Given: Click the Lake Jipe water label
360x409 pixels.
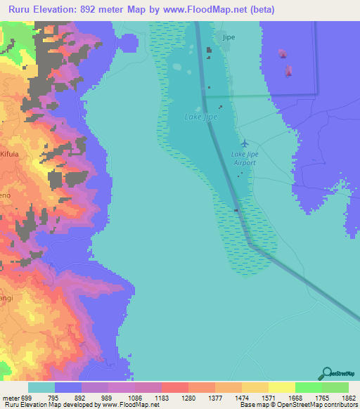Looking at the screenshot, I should click(x=200, y=117).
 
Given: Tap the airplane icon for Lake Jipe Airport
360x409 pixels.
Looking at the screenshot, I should click(x=244, y=144).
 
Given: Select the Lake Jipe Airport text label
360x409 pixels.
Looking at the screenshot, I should click(x=244, y=158).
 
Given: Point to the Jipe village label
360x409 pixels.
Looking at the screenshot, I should click(x=228, y=36).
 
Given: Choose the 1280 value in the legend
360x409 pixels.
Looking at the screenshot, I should click(x=188, y=398).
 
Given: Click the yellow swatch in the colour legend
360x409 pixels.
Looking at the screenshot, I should click(x=281, y=387).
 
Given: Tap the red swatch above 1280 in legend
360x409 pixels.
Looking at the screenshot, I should click(x=174, y=387).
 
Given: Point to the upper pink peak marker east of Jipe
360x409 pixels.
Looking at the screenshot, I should click(x=282, y=53).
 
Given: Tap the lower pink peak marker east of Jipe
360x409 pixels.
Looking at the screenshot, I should click(x=289, y=70).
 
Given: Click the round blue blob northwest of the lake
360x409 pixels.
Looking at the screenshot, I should click(x=128, y=41).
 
